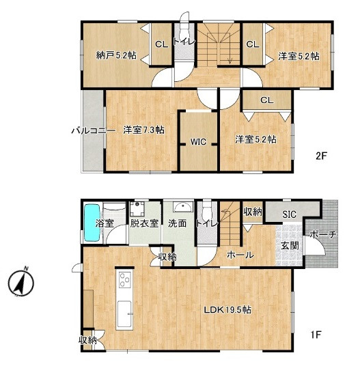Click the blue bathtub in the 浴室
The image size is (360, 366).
[x=93, y=223]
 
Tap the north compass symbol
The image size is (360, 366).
[x=21, y=282]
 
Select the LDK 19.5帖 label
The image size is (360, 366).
[x=227, y=310]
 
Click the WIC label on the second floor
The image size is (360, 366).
[x=198, y=141]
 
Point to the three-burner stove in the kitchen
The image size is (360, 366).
[x=125, y=280]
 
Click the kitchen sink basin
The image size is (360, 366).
[x=124, y=314]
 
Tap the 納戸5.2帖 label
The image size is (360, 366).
[x=116, y=55]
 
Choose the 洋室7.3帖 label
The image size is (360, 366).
[x=144, y=130]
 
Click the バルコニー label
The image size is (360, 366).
[x=93, y=130]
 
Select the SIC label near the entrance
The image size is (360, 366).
[x=289, y=214]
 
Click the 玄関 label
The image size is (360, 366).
[x=290, y=245]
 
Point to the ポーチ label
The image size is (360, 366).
[x=323, y=235]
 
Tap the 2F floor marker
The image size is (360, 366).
[x=321, y=156]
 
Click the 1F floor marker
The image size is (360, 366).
[x=316, y=335]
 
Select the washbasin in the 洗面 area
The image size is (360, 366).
[x=183, y=207]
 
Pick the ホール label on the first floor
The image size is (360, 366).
[x=240, y=255]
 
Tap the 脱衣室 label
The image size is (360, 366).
[x=144, y=223]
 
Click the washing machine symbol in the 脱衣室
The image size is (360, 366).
[x=137, y=209]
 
